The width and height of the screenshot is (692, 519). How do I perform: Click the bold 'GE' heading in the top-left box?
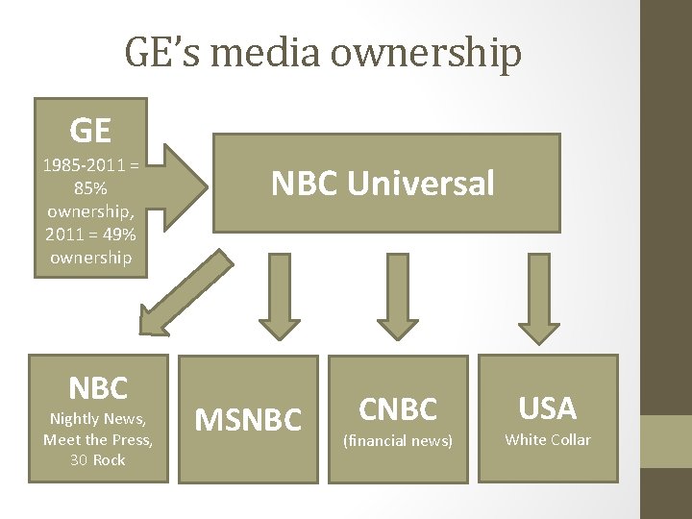pyautogui.click(x=90, y=128)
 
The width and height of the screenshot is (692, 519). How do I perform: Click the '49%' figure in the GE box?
pyautogui.click(x=118, y=235)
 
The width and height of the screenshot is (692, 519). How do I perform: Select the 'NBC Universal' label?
pyautogui.click(x=383, y=183)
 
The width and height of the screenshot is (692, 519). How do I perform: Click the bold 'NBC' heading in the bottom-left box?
pyautogui.click(x=98, y=387)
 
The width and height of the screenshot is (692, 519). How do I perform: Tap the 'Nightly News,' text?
pyautogui.click(x=98, y=418)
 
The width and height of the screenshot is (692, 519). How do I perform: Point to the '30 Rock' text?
pyautogui.click(x=98, y=460)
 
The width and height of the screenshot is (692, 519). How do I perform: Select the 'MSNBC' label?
pyautogui.click(x=248, y=419)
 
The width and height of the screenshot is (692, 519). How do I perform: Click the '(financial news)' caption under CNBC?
pyautogui.click(x=398, y=440)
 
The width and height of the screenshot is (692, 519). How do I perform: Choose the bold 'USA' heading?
pyautogui.click(x=548, y=408)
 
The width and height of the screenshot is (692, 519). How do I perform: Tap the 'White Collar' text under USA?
pyautogui.click(x=548, y=440)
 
